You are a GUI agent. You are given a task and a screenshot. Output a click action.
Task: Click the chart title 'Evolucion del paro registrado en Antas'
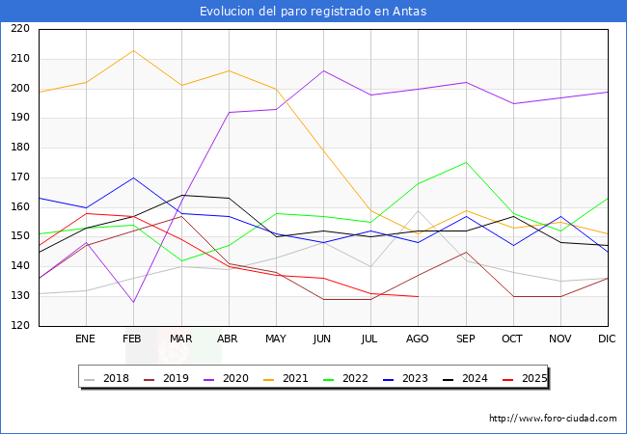[313, 12]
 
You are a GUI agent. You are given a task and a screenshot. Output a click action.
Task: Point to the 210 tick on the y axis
[18, 59]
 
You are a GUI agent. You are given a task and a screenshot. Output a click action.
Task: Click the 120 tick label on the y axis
[18, 326]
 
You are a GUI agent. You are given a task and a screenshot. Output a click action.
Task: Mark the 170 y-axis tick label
[18, 177]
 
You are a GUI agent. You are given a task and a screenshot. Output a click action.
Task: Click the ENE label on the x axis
[86, 339]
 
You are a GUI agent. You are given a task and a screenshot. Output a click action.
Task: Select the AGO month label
[417, 339]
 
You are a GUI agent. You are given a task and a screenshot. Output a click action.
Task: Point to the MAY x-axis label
[276, 339]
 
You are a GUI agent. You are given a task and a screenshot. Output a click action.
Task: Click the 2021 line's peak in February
[133, 50]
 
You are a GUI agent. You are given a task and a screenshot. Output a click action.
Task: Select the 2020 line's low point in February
[133, 302]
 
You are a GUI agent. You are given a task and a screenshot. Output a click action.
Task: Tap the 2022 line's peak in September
[466, 162]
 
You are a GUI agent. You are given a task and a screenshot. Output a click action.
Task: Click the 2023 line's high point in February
[133, 177]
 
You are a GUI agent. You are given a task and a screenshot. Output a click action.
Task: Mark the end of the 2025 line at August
[418, 296]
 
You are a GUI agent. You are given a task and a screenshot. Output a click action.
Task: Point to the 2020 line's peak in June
[323, 70]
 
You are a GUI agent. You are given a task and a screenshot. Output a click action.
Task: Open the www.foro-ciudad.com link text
[553, 419]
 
